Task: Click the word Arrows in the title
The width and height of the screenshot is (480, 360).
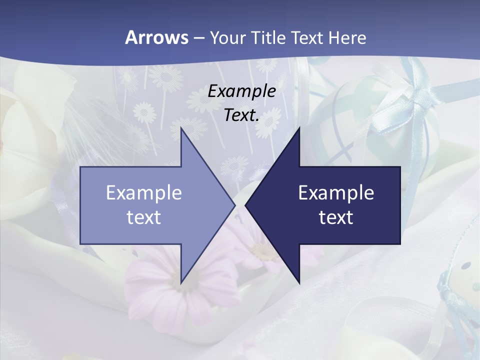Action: click(156, 37)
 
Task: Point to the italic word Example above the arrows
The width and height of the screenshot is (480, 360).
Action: click(242, 91)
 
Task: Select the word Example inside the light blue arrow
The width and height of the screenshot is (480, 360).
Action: click(144, 192)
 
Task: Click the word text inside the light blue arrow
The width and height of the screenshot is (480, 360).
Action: click(144, 217)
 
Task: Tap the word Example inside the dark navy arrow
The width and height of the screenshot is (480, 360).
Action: click(336, 192)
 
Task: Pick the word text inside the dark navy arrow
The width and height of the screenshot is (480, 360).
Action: click(336, 217)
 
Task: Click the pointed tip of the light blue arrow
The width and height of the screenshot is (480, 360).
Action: click(234, 205)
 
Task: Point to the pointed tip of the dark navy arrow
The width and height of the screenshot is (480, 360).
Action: click(245, 205)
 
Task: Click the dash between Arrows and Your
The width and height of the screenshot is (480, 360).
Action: click(198, 38)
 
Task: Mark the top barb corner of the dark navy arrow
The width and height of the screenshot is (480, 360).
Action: click(299, 128)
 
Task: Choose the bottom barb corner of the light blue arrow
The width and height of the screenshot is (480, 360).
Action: click(181, 282)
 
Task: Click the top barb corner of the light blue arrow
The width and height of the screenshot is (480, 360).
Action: click(181, 128)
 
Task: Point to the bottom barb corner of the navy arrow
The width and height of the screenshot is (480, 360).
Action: click(299, 282)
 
